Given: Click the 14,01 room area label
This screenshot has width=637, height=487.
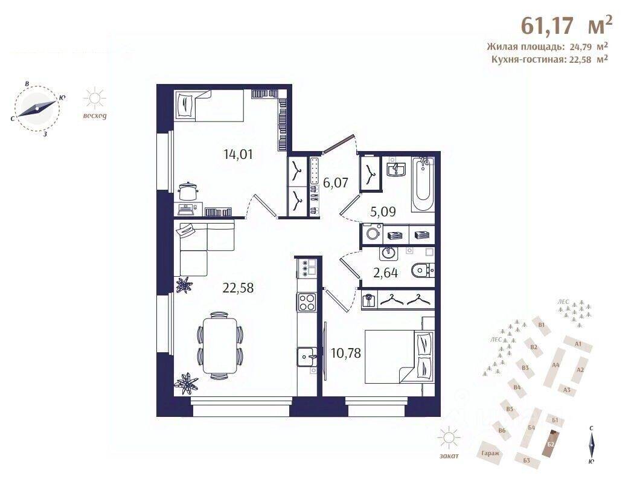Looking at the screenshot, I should click(x=237, y=153).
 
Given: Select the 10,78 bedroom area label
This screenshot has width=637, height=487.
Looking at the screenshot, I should click(x=346, y=352).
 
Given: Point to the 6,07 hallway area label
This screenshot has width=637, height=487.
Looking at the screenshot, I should click(x=336, y=182).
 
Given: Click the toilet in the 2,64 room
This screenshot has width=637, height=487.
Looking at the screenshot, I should click(x=423, y=271).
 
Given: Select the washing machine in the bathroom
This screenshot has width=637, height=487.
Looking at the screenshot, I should click(x=371, y=233).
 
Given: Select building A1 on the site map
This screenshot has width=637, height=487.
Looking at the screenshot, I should click(x=578, y=344).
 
